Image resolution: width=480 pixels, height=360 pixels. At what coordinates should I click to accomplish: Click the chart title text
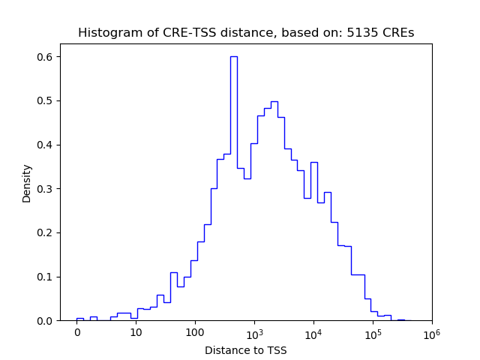pos(246,33)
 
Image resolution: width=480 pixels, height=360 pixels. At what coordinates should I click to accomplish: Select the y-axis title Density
pos(27,182)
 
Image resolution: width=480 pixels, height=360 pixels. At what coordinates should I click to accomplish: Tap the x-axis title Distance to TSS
pos(246,350)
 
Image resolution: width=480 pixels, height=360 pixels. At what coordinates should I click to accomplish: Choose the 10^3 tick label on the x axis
pos(254,332)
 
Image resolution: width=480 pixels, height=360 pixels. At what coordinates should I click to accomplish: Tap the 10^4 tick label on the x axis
pos(313,332)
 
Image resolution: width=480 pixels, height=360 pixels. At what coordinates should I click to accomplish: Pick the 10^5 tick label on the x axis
pos(373,332)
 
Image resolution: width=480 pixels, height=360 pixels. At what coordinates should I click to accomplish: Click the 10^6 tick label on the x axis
pos(431,332)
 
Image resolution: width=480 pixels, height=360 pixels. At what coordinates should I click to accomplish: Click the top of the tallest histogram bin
pos(233,56)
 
